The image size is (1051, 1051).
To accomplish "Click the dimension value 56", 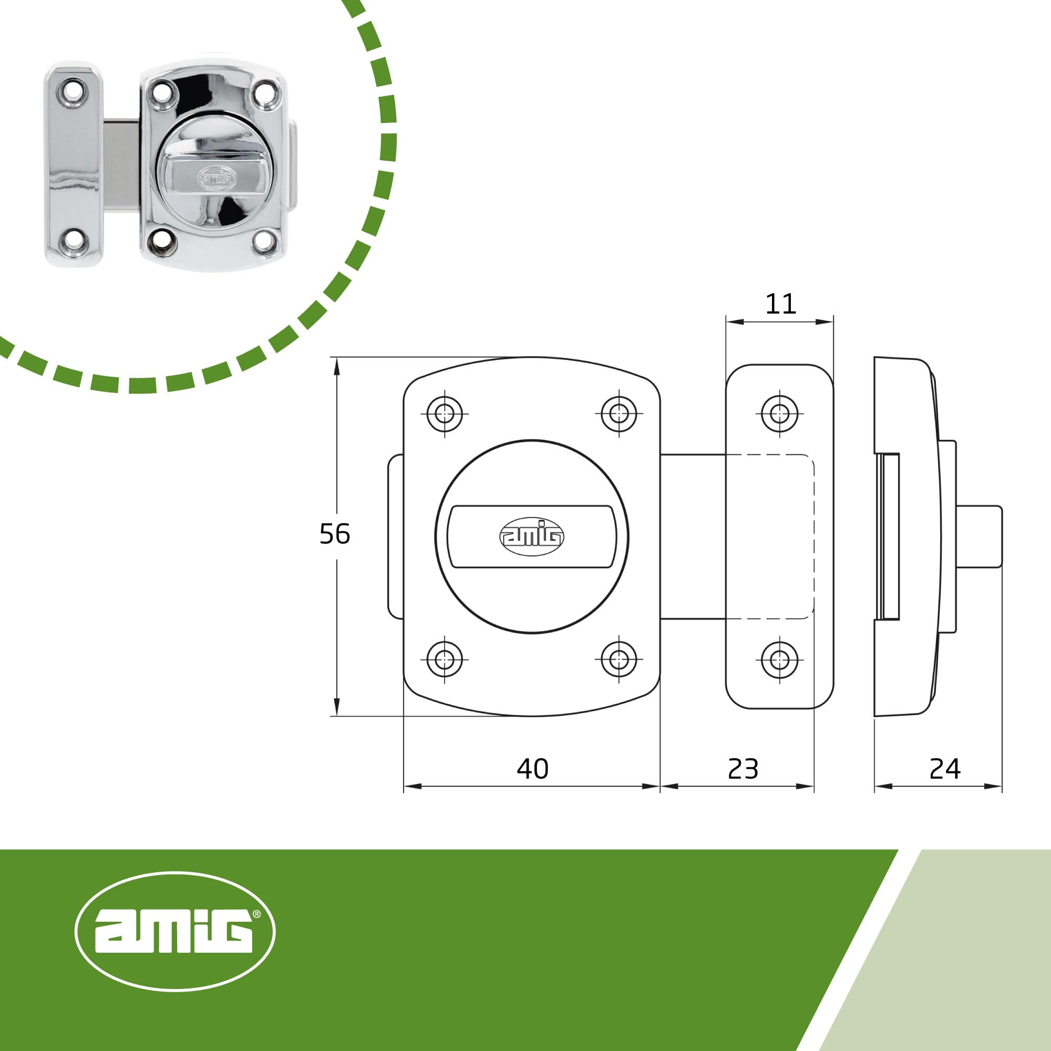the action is coord(335,534).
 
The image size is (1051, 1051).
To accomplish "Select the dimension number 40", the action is coord(532,769).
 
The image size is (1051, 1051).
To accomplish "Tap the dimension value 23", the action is coord(743,769).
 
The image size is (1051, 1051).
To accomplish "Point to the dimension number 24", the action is coord(945,769).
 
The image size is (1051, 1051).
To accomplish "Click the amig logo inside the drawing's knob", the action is coord(531,537).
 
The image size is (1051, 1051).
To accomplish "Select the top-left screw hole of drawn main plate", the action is coord(445,414).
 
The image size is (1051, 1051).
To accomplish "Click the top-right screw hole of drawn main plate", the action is coord(619,414).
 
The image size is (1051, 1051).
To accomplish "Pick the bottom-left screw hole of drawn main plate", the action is coord(445,660).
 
